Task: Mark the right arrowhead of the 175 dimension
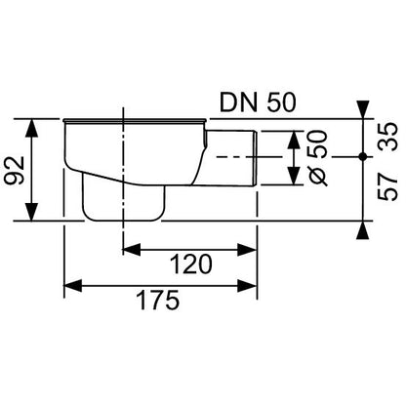point(257,287)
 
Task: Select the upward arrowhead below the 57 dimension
point(363,230)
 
